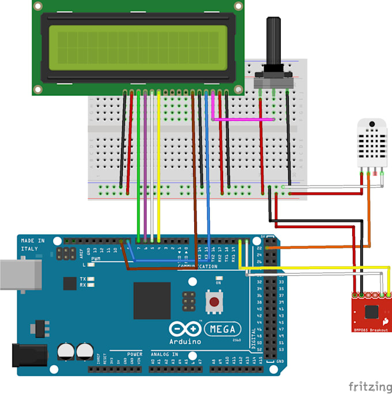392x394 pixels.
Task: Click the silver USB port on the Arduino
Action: [x=20, y=274]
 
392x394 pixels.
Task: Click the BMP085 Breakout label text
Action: [x=371, y=329]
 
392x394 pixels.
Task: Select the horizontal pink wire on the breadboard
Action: [x=243, y=120]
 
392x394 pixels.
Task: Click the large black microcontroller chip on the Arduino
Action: [x=152, y=300]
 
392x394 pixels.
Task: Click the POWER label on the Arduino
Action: [x=134, y=354]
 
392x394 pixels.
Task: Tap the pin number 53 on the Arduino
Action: [x=281, y=348]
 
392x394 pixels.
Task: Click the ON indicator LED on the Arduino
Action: [x=219, y=283]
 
